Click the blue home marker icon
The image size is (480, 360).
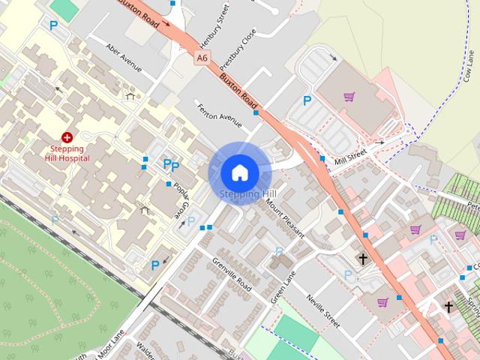(239, 172)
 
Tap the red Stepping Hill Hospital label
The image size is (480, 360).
(66, 153)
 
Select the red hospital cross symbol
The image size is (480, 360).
(67, 137)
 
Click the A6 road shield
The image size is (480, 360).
(201, 57)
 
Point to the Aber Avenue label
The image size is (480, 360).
(124, 57)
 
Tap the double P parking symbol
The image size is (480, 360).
(171, 165)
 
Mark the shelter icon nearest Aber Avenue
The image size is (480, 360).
(131, 96)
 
